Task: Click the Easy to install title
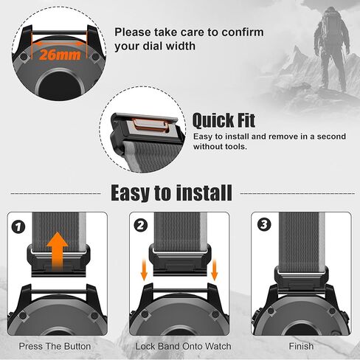(171, 193)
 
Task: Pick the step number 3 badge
(260, 225)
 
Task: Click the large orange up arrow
(58, 252)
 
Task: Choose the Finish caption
(301, 346)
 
